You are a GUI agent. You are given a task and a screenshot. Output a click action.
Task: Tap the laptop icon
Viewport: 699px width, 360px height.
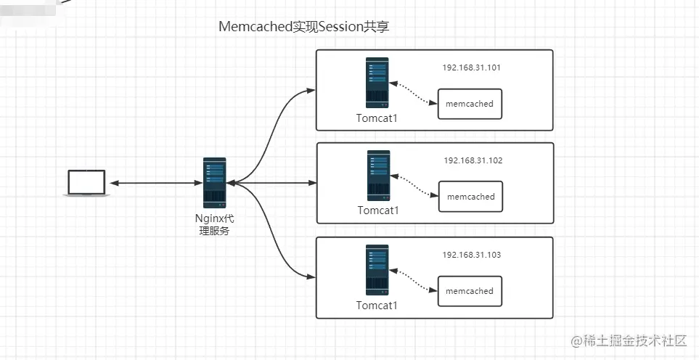(x=86, y=182)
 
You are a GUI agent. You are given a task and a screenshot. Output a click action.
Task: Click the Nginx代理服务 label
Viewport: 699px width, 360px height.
(x=215, y=225)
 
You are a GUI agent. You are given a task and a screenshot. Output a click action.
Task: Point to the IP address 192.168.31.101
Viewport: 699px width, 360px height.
(x=472, y=67)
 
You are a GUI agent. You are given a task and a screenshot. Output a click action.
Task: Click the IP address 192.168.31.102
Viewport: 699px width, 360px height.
(x=473, y=160)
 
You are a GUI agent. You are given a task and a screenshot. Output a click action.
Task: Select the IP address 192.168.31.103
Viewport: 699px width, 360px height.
(x=472, y=255)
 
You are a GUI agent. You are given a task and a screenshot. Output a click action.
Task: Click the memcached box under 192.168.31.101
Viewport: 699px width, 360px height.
(x=470, y=104)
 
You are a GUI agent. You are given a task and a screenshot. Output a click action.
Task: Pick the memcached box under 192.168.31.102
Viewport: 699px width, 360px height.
(x=470, y=197)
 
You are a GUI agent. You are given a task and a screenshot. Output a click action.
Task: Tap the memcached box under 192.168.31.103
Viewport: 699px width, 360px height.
(x=470, y=291)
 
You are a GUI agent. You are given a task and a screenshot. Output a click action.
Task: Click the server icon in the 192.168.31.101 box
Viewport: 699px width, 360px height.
(x=377, y=83)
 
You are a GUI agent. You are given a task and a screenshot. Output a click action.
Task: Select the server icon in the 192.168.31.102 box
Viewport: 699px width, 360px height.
(x=378, y=176)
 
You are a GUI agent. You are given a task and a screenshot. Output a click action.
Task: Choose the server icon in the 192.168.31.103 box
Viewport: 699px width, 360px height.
(x=377, y=270)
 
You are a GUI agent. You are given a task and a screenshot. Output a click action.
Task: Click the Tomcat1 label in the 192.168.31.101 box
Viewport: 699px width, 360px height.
(x=377, y=118)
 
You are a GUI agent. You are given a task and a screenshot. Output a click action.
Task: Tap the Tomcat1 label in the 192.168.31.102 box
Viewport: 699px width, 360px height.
(x=378, y=210)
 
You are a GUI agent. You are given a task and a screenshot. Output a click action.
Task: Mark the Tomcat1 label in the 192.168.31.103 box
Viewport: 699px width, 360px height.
(x=377, y=305)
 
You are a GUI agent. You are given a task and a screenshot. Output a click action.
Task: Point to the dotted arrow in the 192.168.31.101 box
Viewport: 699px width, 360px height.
(x=414, y=93)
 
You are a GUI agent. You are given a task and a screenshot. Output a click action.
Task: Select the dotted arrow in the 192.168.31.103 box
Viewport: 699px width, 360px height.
(x=414, y=280)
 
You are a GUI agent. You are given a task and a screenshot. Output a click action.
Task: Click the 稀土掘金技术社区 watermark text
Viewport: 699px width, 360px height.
(x=634, y=341)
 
